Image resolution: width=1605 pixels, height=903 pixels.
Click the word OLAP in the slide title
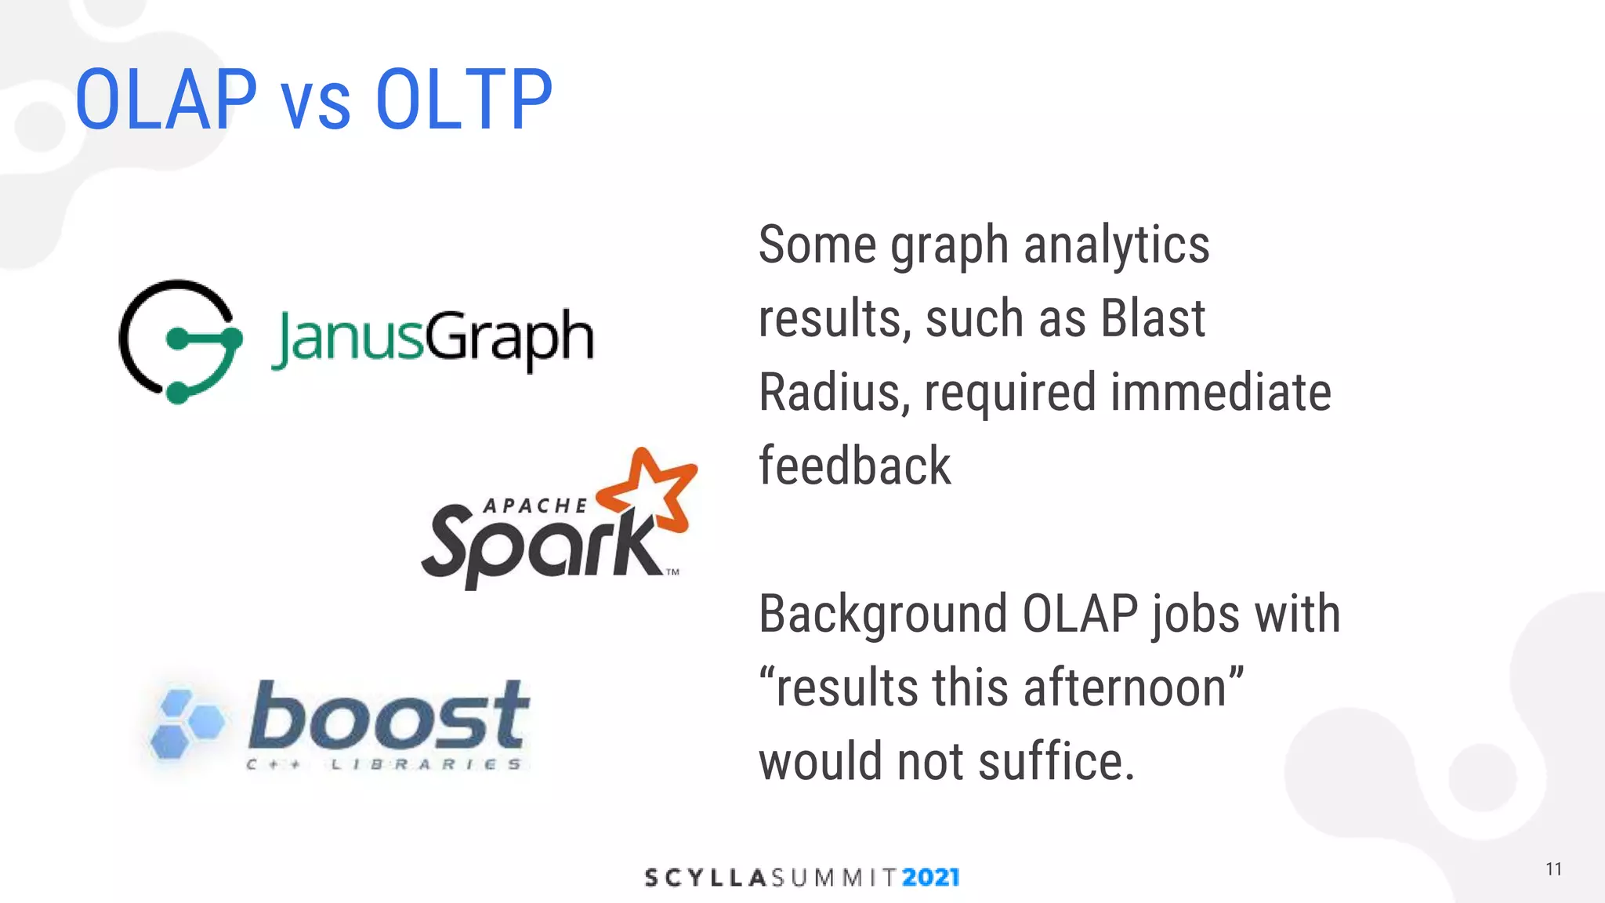coord(166,100)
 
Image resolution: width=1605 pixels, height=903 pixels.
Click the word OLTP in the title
coord(464,100)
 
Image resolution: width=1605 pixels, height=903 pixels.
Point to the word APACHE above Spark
coord(535,506)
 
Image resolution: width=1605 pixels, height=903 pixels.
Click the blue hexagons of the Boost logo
coord(185,723)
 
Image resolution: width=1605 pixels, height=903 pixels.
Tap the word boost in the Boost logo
coord(389,715)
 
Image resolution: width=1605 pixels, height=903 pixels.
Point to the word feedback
coord(854,466)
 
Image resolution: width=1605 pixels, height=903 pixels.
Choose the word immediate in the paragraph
coord(1220,392)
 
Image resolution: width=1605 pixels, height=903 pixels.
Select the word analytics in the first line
coord(1117,245)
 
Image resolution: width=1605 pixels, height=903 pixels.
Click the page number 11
coord(1553,869)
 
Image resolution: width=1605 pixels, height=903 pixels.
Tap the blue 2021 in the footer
coord(930,877)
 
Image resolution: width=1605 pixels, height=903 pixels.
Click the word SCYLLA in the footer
coord(705,877)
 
